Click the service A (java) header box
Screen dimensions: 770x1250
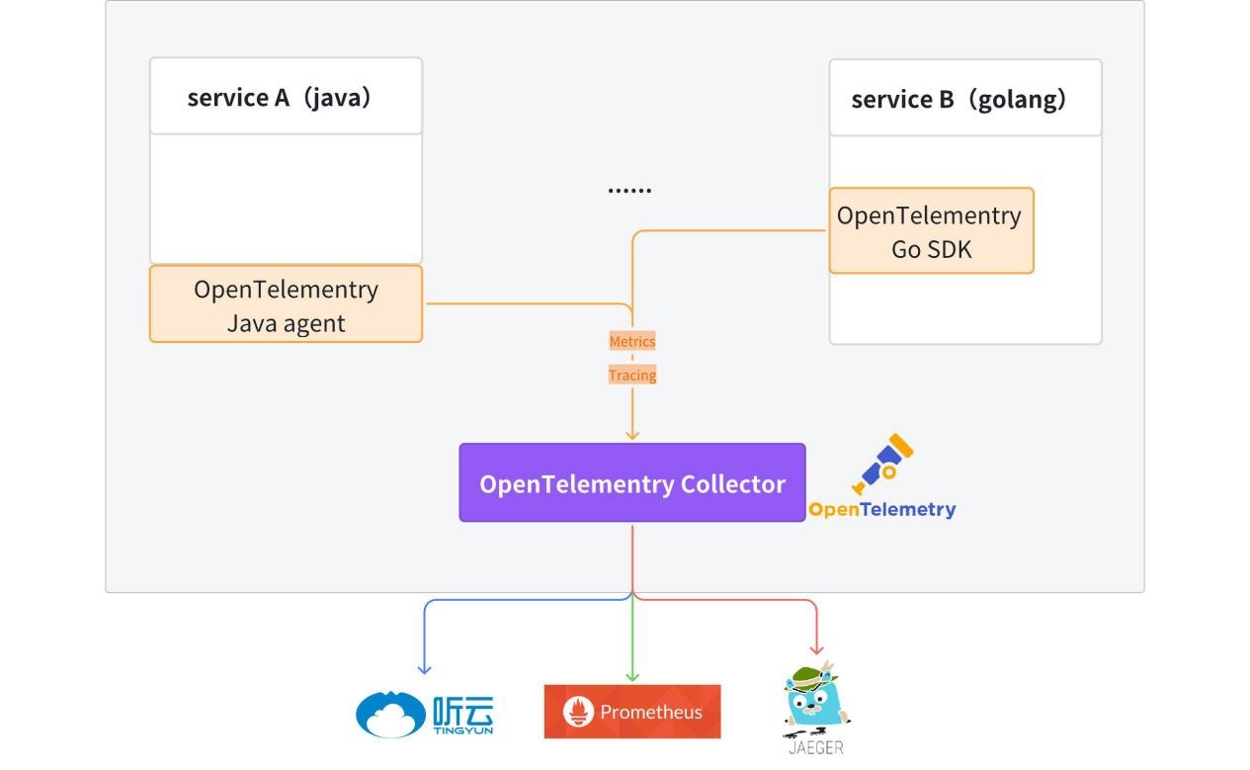coord(286,97)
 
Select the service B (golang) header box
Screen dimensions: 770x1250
coord(964,99)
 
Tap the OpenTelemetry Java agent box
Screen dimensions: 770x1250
coord(286,304)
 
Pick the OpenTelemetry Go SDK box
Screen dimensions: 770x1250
coord(931,231)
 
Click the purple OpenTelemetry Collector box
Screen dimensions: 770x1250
coord(632,483)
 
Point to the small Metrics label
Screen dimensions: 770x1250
coord(632,341)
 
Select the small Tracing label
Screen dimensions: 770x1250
coord(632,375)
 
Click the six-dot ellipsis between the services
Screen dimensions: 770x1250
coord(629,190)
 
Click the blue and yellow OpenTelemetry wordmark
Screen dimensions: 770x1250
coord(882,510)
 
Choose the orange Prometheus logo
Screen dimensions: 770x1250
coord(632,712)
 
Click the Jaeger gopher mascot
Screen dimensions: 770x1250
coord(816,700)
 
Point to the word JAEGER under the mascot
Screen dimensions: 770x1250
coord(816,748)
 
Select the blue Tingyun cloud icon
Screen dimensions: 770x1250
coord(391,714)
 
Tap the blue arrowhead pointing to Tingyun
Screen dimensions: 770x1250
coord(425,669)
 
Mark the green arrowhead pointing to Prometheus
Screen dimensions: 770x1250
coord(632,677)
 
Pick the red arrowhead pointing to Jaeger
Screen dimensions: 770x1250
coord(816,649)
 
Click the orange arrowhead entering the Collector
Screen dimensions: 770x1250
coord(632,435)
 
